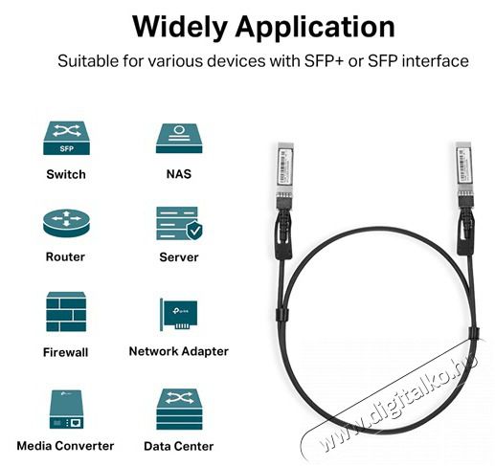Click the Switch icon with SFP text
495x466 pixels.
[66, 138]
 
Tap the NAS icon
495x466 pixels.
[179, 138]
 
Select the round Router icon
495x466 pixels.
[66, 223]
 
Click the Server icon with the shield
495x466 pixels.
[180, 223]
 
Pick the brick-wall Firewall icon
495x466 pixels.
[66, 311]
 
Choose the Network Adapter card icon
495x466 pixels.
[178, 315]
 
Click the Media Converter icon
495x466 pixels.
[66, 410]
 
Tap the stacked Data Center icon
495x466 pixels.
[179, 410]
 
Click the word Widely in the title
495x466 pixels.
[180, 27]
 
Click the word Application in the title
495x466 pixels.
[315, 28]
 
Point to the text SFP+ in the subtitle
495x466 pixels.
[324, 61]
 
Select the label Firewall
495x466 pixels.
[66, 352]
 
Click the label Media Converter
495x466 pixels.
[65, 446]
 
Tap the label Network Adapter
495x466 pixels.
[179, 351]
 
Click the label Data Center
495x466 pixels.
[179, 446]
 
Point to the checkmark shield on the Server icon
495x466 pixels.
[194, 231]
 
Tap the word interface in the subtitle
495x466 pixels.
[435, 61]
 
